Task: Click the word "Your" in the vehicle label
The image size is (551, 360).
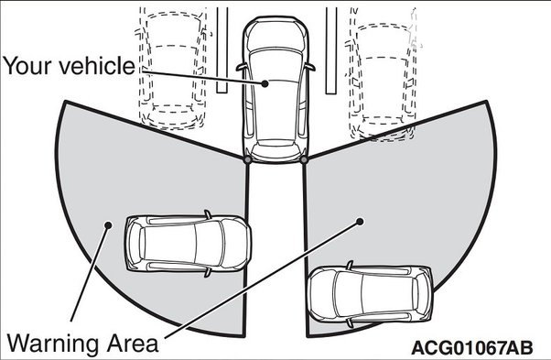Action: pyautogui.click(x=28, y=66)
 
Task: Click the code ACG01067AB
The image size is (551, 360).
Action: pyautogui.click(x=472, y=348)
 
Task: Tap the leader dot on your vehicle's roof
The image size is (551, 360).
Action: pyautogui.click(x=265, y=83)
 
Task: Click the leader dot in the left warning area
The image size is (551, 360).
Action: pyautogui.click(x=108, y=224)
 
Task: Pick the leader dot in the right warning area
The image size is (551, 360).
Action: pyautogui.click(x=360, y=222)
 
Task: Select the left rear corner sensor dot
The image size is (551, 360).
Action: pyautogui.click(x=247, y=160)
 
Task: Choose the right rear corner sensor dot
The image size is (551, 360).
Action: pyautogui.click(x=304, y=160)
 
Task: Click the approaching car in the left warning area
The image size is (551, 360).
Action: pyautogui.click(x=188, y=244)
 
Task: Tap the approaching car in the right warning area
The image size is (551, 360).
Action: pyautogui.click(x=370, y=295)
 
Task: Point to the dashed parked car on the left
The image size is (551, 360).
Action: pyautogui.click(x=173, y=69)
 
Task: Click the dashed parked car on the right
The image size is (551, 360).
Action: pyautogui.click(x=383, y=74)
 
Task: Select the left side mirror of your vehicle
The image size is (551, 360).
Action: pyautogui.click(x=242, y=67)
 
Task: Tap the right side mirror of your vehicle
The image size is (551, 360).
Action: pyautogui.click(x=309, y=67)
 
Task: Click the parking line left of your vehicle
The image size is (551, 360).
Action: pyautogui.click(x=221, y=49)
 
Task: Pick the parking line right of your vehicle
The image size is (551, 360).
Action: pyautogui.click(x=331, y=50)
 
